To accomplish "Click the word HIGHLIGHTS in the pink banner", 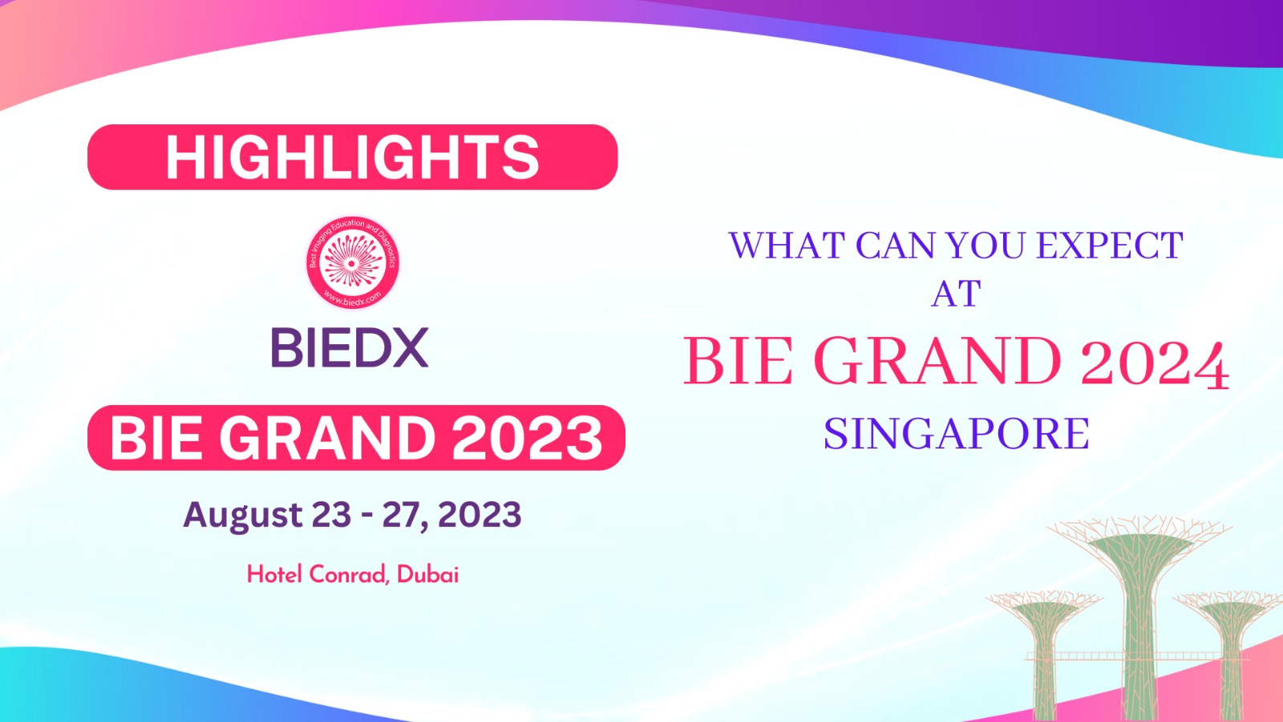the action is point(352,157).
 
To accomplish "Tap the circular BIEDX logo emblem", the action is point(352,262).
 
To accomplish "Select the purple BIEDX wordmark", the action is point(350,347).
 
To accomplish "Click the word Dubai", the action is point(427,574).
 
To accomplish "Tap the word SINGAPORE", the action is point(956,434).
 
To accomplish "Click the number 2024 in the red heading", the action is point(1154,362).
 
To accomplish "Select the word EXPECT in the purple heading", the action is point(1110,245).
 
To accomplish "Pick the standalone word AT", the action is point(956,294).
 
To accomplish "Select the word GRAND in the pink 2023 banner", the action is point(327,438).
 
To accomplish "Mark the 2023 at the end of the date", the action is point(480,514).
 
